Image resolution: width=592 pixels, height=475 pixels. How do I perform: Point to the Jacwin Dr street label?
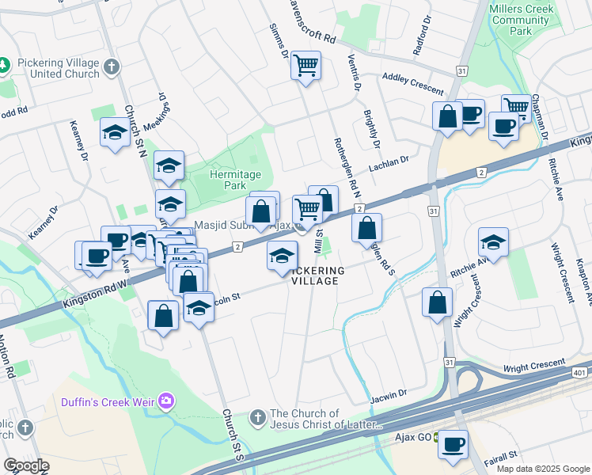tap(387, 393)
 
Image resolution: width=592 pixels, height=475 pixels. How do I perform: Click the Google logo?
tap(26, 465)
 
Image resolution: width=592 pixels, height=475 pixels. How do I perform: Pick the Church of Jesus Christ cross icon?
tap(257, 417)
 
